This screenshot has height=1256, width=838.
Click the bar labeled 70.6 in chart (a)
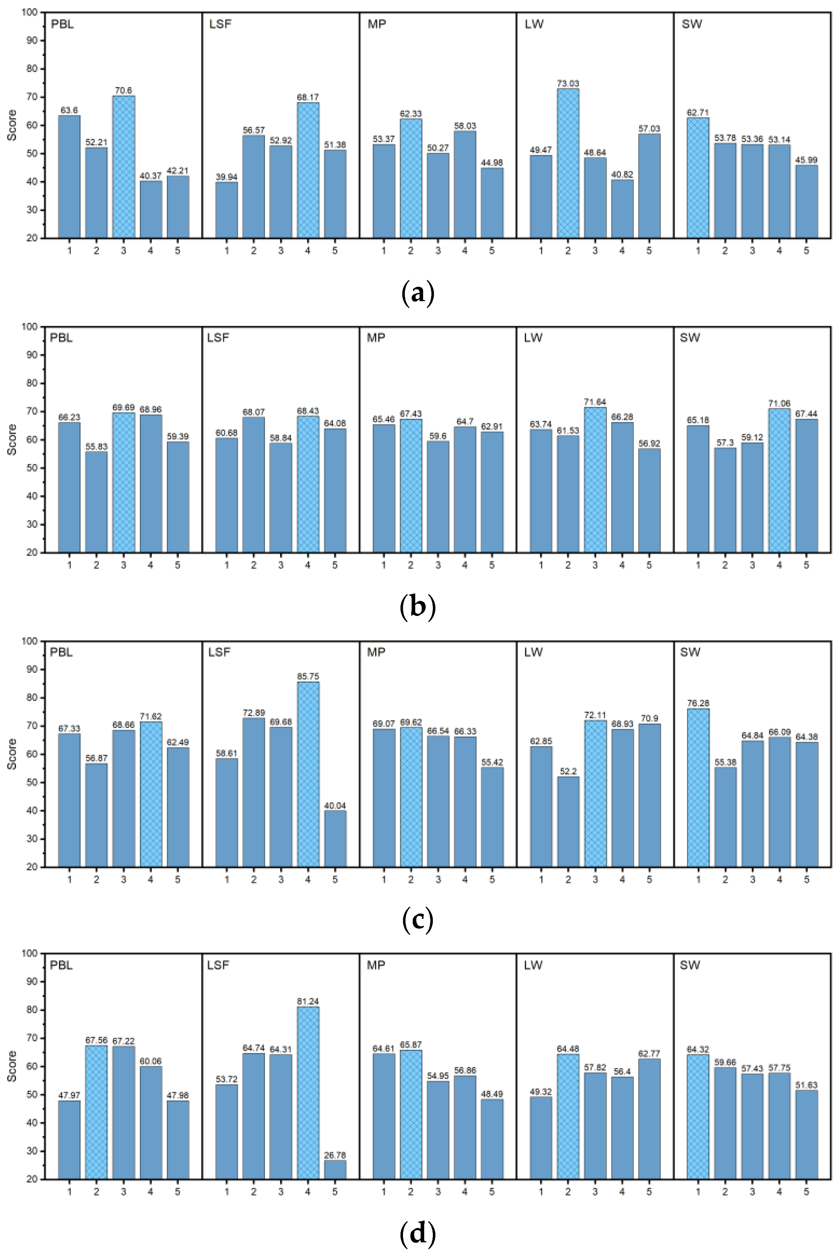pos(123,167)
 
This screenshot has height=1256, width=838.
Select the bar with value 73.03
pos(568,163)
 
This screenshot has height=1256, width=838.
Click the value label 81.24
pos(308,1001)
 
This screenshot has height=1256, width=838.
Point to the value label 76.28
pos(698,703)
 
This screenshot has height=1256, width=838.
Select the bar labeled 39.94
pos(226,210)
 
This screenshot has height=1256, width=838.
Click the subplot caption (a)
pos(417,293)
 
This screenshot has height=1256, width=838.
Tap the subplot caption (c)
pos(417,920)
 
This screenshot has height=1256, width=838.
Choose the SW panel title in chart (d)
pos(690,965)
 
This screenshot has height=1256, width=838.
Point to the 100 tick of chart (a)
pos(30,12)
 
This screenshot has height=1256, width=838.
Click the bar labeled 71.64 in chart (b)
pos(595,480)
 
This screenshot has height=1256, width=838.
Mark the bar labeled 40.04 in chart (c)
pos(335,839)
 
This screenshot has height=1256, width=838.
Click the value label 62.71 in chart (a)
pos(698,113)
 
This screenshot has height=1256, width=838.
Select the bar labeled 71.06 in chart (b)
pos(779,480)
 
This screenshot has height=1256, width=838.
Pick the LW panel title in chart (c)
pos(534,652)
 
